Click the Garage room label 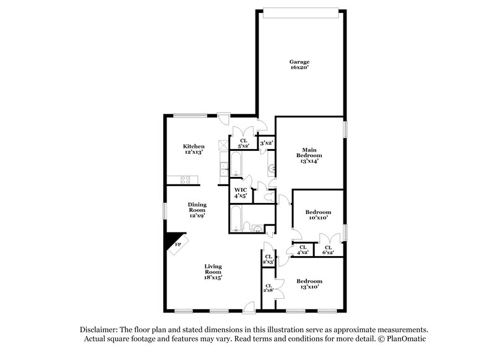pyautogui.click(x=299, y=62)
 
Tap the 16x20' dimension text pyautogui.click(x=299, y=68)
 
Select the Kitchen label pyautogui.click(x=194, y=146)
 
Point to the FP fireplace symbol pyautogui.click(x=178, y=244)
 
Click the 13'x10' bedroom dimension pyautogui.click(x=309, y=287)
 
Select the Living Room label pyautogui.click(x=213, y=269)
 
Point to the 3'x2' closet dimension pyautogui.click(x=267, y=143)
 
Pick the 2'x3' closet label pyautogui.click(x=269, y=260)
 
